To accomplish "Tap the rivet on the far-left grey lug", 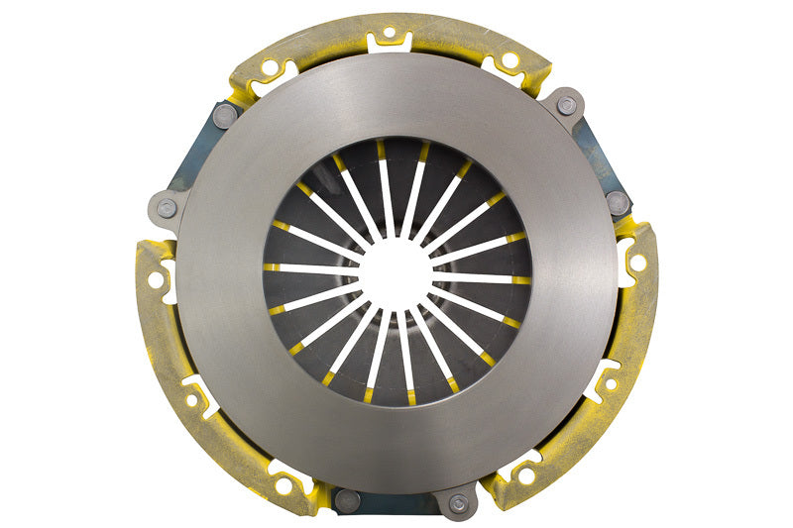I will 167,208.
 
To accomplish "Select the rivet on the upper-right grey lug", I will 566,105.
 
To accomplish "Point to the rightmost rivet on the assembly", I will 619,201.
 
